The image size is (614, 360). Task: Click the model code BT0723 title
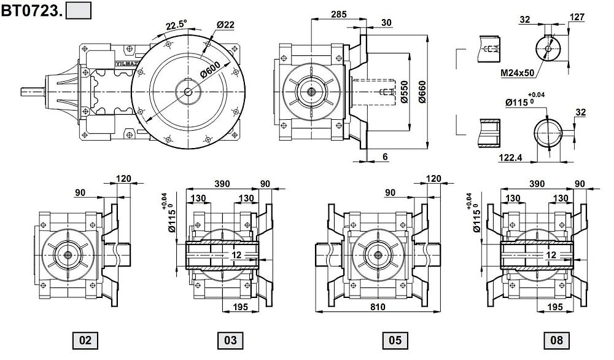(x=31, y=10)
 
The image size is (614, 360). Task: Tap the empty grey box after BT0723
(x=79, y=10)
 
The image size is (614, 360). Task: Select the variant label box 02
(x=85, y=340)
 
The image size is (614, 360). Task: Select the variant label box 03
(x=230, y=340)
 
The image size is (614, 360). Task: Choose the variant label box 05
(x=395, y=340)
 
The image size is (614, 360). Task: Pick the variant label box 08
(x=556, y=340)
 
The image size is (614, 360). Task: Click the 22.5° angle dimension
(x=176, y=25)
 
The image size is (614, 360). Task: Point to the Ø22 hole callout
(x=225, y=25)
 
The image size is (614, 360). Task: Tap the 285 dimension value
(x=339, y=14)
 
